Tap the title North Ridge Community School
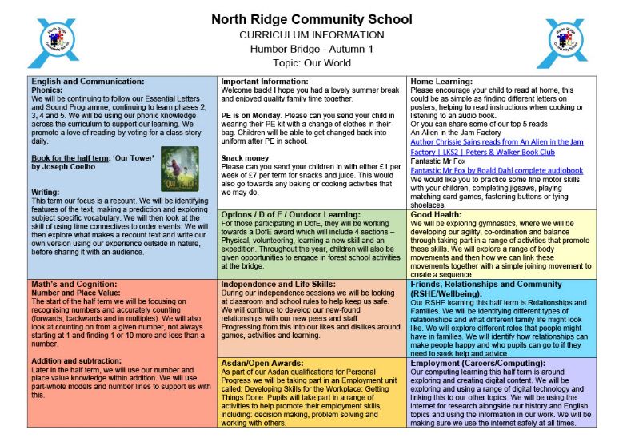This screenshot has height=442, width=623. (312, 19)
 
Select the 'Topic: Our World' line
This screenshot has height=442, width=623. (312, 62)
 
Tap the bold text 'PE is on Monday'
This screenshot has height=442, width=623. (250, 116)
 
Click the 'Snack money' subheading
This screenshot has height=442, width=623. (246, 158)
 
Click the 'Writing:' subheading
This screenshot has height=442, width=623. (47, 192)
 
